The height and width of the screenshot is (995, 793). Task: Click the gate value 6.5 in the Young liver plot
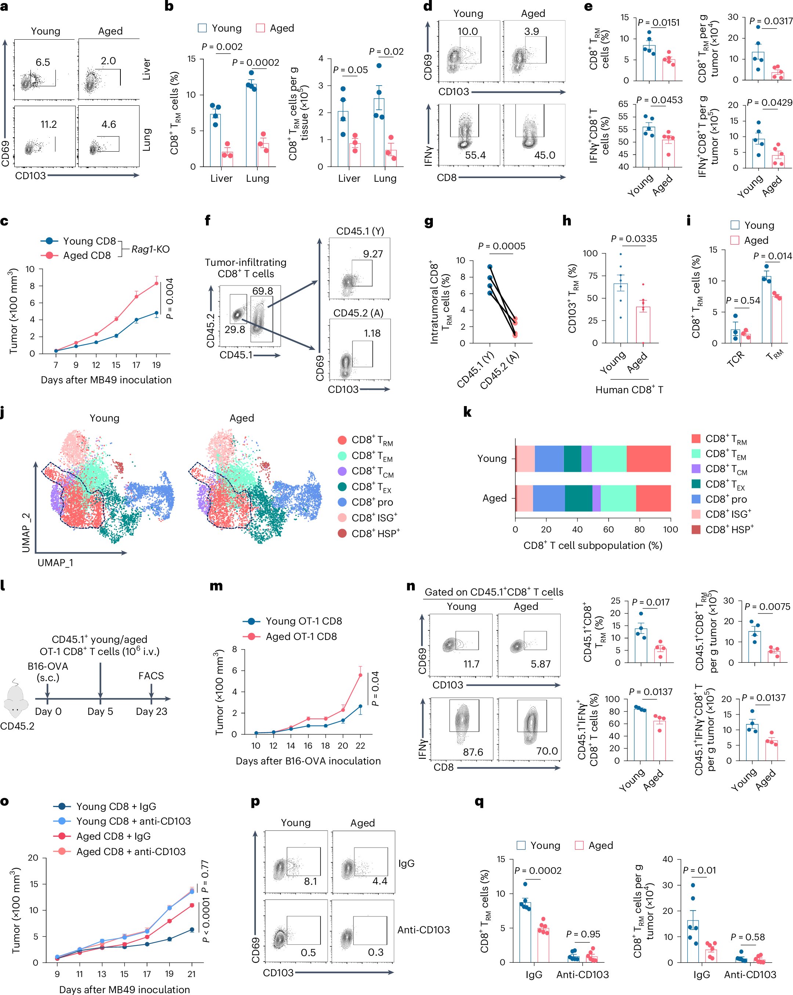pos(43,62)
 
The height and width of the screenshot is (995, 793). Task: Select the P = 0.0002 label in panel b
pos(255,62)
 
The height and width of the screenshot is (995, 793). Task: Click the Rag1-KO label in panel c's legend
pos(151,249)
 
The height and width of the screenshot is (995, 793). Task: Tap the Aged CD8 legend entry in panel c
pos(87,255)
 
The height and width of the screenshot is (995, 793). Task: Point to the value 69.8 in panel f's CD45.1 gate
pos(262,291)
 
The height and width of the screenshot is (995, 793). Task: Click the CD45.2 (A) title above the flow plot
pos(359,313)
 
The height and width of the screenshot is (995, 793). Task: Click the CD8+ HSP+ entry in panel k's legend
pos(729,529)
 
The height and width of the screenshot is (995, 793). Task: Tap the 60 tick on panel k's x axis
pos(608,529)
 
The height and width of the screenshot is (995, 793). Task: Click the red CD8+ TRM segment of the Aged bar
pos(653,499)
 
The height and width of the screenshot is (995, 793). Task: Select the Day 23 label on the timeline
pos(151,711)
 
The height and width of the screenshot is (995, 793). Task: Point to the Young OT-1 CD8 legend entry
pos(303,621)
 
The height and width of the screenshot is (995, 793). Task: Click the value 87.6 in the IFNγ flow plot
pos(473,752)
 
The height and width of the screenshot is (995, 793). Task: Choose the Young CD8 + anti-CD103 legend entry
pos(133,821)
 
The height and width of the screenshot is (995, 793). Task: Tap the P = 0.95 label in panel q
pos(583,934)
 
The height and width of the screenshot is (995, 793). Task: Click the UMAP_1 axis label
pos(55,562)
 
